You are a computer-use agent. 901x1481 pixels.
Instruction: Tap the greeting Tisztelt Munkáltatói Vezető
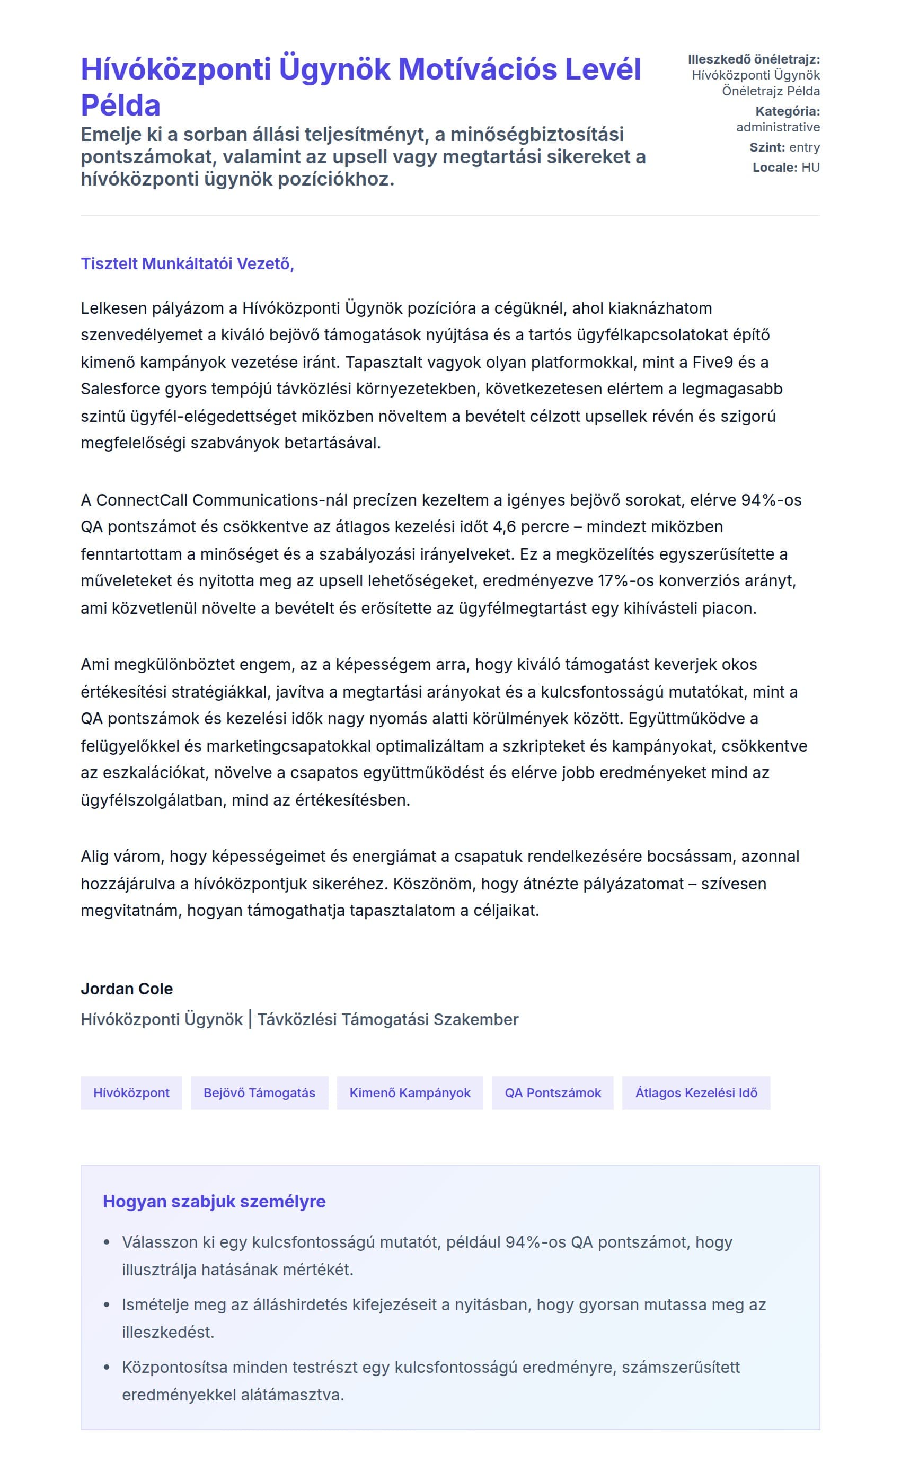[x=187, y=263]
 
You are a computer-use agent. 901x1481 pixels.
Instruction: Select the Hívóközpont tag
[x=131, y=1092]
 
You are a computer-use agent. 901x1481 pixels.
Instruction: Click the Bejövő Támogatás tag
[x=259, y=1092]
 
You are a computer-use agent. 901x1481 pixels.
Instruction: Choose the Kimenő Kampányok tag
[x=410, y=1092]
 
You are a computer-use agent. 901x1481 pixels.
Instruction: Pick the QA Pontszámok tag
[x=552, y=1092]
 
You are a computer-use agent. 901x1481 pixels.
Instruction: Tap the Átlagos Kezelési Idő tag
[x=696, y=1092]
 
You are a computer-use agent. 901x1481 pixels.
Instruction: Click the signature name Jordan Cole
[x=127, y=989]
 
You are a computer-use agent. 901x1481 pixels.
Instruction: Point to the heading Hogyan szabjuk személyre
[x=214, y=1201]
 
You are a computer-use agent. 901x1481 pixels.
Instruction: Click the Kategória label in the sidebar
[x=788, y=111]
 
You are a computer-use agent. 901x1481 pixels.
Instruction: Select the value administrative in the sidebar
[x=778, y=127]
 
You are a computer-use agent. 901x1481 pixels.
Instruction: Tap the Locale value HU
[x=810, y=167]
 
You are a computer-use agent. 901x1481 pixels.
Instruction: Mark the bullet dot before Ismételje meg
[x=107, y=1304]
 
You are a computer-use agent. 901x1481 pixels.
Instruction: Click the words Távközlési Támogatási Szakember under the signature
[x=387, y=1019]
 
